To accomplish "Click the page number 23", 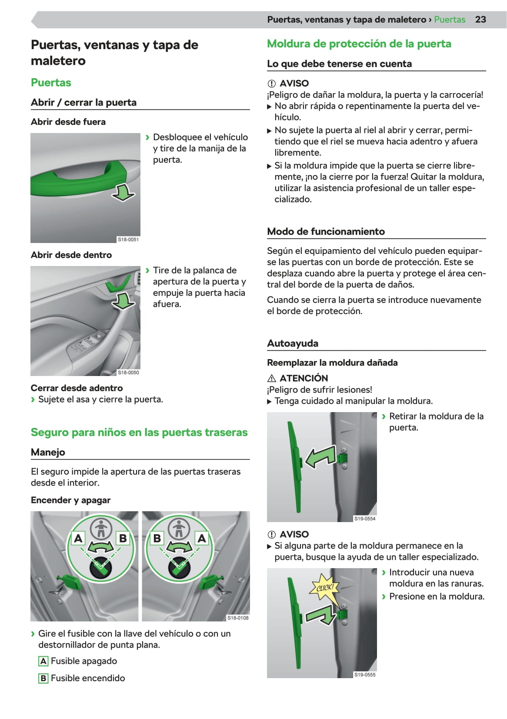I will click(x=480, y=20).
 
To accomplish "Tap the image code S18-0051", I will click(x=128, y=240).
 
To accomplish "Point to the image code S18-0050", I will click(x=128, y=373).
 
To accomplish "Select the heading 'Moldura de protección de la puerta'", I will click(x=359, y=44).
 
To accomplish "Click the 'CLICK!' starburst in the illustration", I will click(x=325, y=588).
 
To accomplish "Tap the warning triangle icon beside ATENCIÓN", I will click(x=272, y=378).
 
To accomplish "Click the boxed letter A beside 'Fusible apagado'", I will click(x=43, y=661).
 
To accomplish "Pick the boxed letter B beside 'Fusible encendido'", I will click(x=43, y=678).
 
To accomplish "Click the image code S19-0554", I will click(x=365, y=519).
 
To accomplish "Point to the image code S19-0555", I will click(x=365, y=675).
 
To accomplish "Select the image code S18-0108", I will click(x=238, y=618).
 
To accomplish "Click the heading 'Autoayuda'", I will click(x=293, y=343).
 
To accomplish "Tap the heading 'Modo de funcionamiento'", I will click(x=326, y=231).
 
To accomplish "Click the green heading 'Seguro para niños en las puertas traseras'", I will click(x=139, y=433).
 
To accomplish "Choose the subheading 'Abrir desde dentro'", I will click(x=71, y=255).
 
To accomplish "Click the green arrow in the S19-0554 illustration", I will click(x=320, y=458).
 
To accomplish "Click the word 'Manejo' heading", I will click(x=48, y=452).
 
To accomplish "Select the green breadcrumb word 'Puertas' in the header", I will click(x=450, y=20).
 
